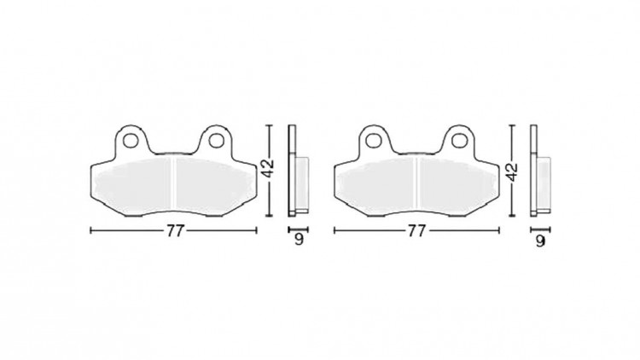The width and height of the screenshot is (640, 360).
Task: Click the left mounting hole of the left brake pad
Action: coord(131,141)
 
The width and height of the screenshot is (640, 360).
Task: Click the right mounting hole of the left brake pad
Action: coord(216,141)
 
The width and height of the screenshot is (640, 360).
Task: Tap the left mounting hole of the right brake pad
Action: coord(372,141)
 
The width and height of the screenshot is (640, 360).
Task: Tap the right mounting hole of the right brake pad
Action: coord(459,141)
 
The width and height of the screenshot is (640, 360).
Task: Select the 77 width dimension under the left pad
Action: coord(174,231)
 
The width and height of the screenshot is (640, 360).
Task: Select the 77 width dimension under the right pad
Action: coord(416,231)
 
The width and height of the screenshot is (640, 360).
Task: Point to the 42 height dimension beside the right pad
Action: coord(511,171)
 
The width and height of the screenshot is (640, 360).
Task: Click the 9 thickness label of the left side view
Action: coord(300,240)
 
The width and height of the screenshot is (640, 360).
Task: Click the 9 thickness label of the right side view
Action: coord(540,241)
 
